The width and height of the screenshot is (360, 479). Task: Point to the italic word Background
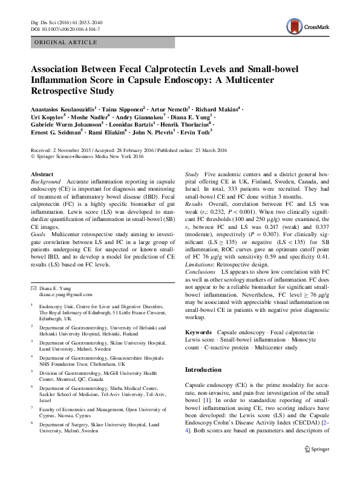pyautogui.click(x=46, y=181)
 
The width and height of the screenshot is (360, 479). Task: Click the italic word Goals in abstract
pyautogui.click(x=39, y=233)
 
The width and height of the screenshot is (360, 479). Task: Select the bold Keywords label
pyautogui.click(x=198, y=333)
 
